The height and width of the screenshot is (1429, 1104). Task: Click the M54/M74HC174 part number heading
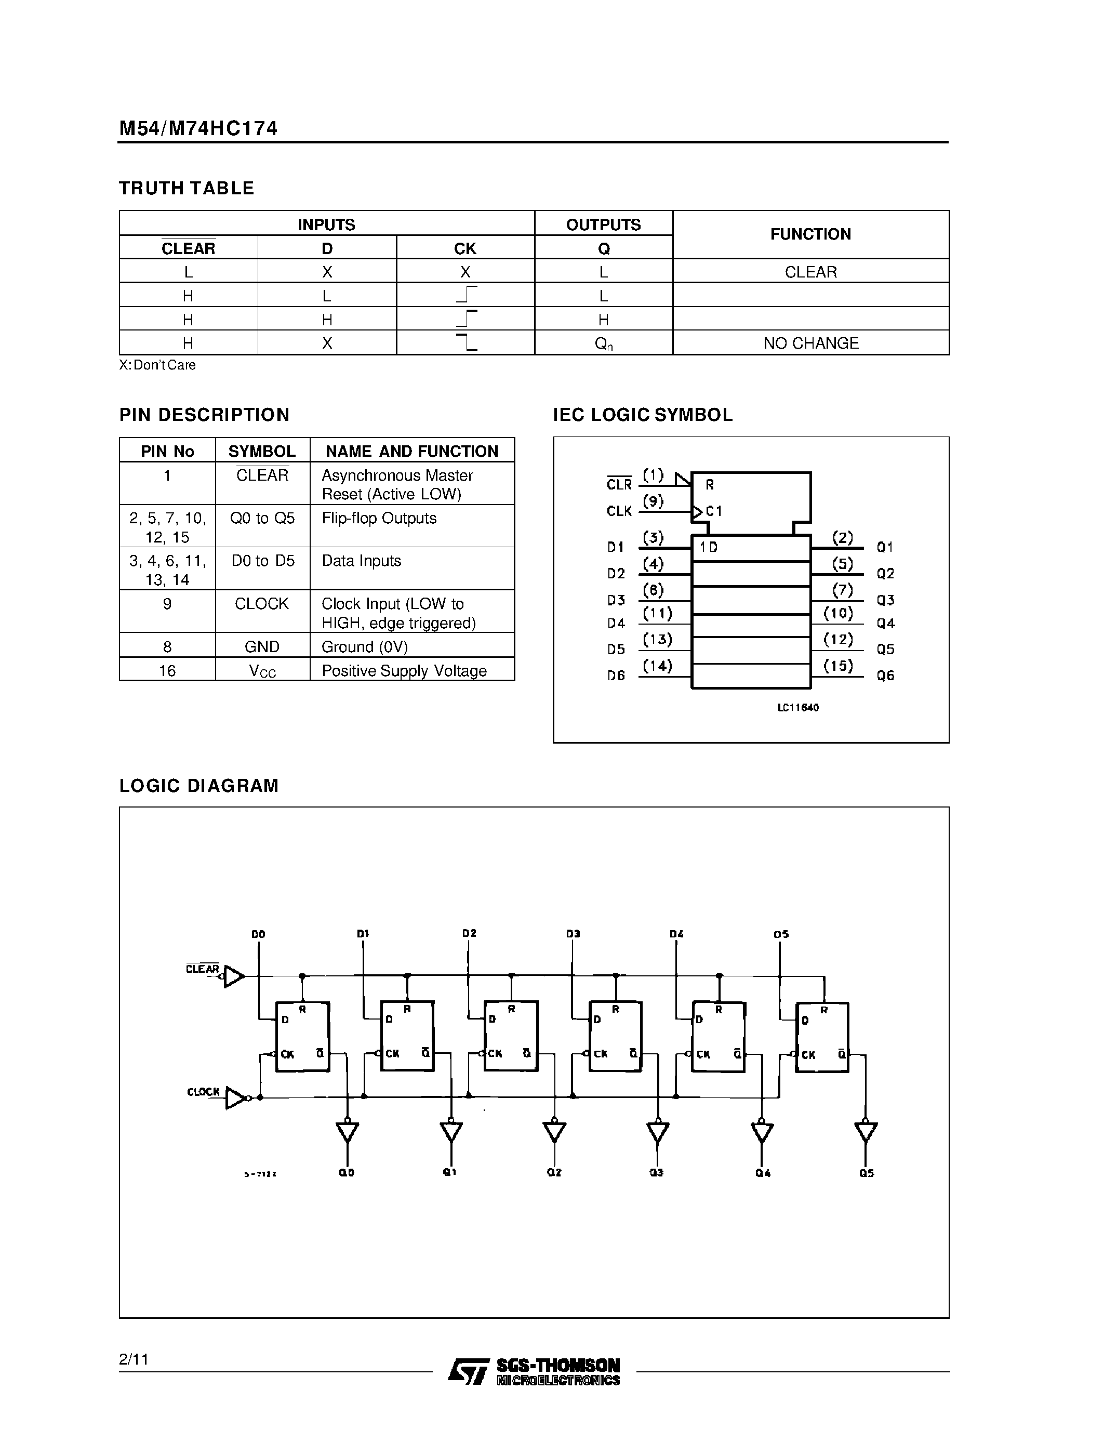tap(198, 128)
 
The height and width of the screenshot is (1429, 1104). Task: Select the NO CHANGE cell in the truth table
tap(810, 343)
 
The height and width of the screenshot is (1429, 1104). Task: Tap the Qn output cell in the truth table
tap(604, 343)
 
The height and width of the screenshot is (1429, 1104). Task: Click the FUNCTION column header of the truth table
tap(810, 234)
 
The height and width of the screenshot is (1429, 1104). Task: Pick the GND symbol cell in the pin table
tap(262, 646)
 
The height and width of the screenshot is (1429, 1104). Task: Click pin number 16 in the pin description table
tap(167, 671)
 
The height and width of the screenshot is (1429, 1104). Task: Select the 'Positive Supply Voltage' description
tap(404, 671)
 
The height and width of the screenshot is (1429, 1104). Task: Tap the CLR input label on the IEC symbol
tap(619, 484)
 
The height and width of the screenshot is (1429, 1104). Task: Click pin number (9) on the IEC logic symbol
tap(653, 501)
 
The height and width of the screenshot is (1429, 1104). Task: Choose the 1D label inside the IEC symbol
tap(708, 547)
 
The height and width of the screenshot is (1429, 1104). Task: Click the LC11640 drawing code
tap(798, 707)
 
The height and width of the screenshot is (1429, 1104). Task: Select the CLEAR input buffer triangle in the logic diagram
tap(233, 976)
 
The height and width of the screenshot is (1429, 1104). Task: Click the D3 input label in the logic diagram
tap(573, 934)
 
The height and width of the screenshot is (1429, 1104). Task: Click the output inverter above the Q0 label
tap(347, 1131)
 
